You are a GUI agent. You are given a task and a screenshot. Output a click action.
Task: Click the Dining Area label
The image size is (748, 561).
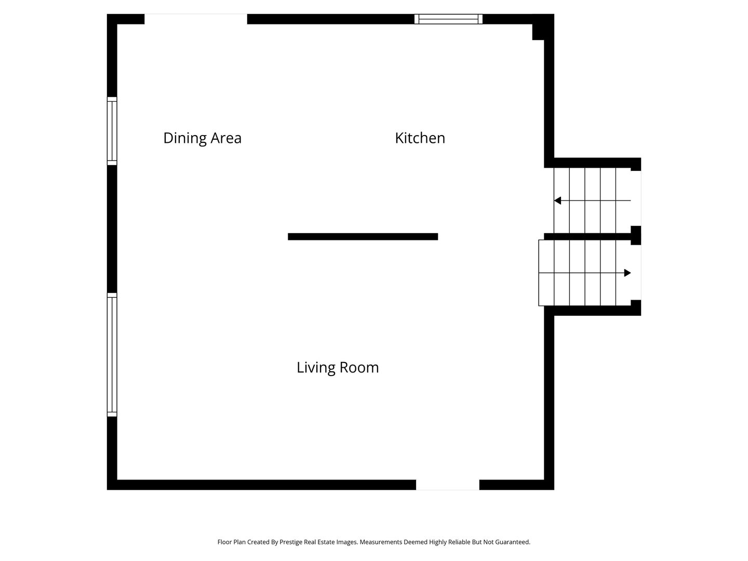pos(202,138)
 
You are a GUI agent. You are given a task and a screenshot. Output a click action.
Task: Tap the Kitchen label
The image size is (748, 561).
pos(420,138)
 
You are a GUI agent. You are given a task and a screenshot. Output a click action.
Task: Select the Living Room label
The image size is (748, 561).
pos(337,368)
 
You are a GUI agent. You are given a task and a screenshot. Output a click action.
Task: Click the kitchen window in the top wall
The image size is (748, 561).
pos(448,19)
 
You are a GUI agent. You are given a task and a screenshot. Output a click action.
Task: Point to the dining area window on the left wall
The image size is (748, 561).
pos(112,131)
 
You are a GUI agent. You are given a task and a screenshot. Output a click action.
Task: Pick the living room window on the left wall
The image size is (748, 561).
pos(112,355)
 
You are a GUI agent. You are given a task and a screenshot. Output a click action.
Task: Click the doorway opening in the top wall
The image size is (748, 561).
pos(196,19)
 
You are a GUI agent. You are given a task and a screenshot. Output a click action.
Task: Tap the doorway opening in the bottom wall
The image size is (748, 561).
pos(447,485)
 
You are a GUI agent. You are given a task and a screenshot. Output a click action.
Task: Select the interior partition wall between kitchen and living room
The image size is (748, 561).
pos(363,237)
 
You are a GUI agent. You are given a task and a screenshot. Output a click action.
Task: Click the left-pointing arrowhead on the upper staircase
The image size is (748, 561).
pos(557,201)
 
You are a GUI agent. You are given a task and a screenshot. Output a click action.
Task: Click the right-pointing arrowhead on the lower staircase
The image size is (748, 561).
pos(627,273)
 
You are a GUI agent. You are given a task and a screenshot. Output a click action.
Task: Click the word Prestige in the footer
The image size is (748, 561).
pos(290,542)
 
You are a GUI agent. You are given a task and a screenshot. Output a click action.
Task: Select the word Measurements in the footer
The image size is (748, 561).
pos(381,542)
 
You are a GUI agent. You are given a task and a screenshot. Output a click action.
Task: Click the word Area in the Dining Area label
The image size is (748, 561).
pos(226,138)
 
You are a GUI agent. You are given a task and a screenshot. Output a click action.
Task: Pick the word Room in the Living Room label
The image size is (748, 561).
pos(359,368)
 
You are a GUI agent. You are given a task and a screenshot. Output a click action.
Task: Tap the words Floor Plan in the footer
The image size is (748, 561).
pos(231,542)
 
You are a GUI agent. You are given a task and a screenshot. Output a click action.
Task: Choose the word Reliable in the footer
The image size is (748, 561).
pos(460,542)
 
